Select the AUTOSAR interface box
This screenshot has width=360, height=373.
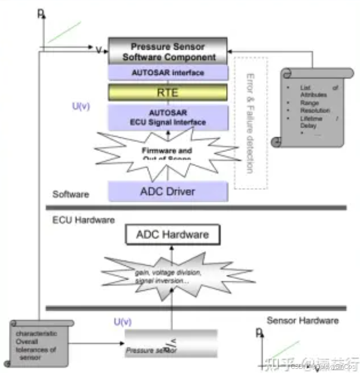pos(168,73)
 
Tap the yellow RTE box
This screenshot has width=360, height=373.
pos(168,93)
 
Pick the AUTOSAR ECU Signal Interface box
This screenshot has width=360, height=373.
pos(168,117)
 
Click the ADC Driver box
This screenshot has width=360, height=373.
pos(168,191)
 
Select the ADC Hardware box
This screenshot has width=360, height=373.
pos(172,233)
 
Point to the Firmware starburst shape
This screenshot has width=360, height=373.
pos(168,153)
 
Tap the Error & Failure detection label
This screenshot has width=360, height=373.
pos(251,123)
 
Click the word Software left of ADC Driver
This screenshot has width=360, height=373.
pos(71,195)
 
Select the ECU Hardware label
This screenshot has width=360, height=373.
pos(83,220)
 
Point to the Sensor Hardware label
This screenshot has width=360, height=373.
pos(302,320)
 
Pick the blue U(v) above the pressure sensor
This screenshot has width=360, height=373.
pos(123,322)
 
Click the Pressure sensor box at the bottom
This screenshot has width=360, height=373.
pos(170,345)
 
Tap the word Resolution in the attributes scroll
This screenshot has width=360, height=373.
pos(315,111)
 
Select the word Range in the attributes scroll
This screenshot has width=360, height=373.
pos(310,103)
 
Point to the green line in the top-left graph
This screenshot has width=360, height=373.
pos(64,32)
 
